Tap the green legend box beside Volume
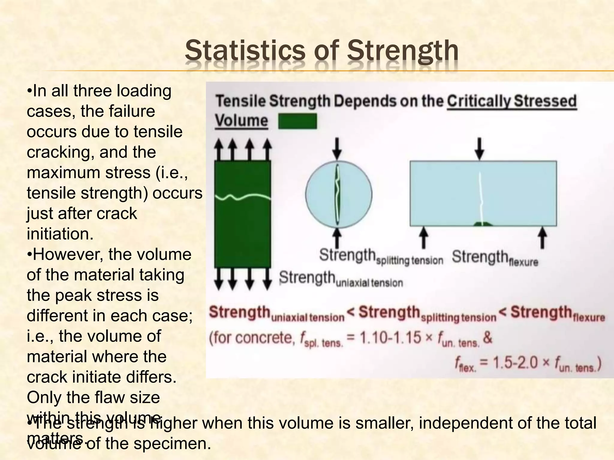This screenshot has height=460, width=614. click(x=297, y=121)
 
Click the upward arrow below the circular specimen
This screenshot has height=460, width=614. click(x=337, y=238)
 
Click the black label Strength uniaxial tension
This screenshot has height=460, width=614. click(x=341, y=279)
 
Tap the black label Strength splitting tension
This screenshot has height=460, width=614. click(x=381, y=257)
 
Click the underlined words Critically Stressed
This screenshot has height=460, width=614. click(x=512, y=101)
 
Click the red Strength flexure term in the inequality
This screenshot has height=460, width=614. click(x=558, y=313)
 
